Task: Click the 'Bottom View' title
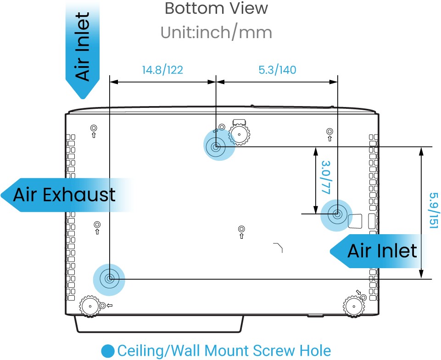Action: coord(216,8)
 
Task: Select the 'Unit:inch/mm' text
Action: coord(216,32)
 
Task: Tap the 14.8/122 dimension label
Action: coord(162,70)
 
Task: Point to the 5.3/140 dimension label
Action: coord(277,70)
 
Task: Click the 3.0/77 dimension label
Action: coord(326,177)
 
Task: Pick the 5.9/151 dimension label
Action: coord(433,211)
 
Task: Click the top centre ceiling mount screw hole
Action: coord(216,146)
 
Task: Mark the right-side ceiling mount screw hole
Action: coord(337,214)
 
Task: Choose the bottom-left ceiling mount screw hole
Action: coord(109,279)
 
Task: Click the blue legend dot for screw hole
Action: coord(108,351)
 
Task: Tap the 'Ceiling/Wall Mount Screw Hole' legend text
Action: coord(224,351)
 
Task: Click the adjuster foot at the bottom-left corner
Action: coord(90,306)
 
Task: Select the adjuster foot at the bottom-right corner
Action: coord(354,307)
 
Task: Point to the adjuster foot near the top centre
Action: coord(239,134)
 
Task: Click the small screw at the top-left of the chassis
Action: coord(94,129)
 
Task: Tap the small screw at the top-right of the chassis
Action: coord(329,131)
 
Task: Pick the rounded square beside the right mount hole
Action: coord(355,221)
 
